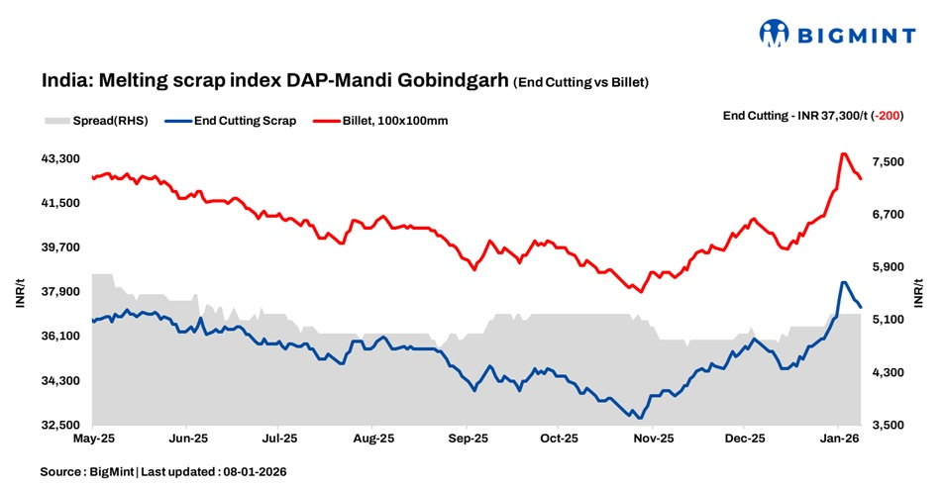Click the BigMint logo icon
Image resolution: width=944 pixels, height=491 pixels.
coord(774,34)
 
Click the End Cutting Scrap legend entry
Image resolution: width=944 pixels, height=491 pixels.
coord(244,121)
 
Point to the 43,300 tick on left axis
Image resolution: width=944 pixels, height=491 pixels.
coord(62,158)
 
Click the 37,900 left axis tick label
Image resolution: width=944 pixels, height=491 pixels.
coord(62,292)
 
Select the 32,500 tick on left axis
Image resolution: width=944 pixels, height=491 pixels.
coord(62,426)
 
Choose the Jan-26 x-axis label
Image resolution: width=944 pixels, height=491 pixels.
coord(839,438)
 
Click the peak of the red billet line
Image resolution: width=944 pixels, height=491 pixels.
coord(843,153)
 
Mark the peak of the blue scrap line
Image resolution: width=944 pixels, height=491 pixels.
coord(843,282)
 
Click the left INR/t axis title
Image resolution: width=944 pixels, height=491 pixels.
coord(20,292)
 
